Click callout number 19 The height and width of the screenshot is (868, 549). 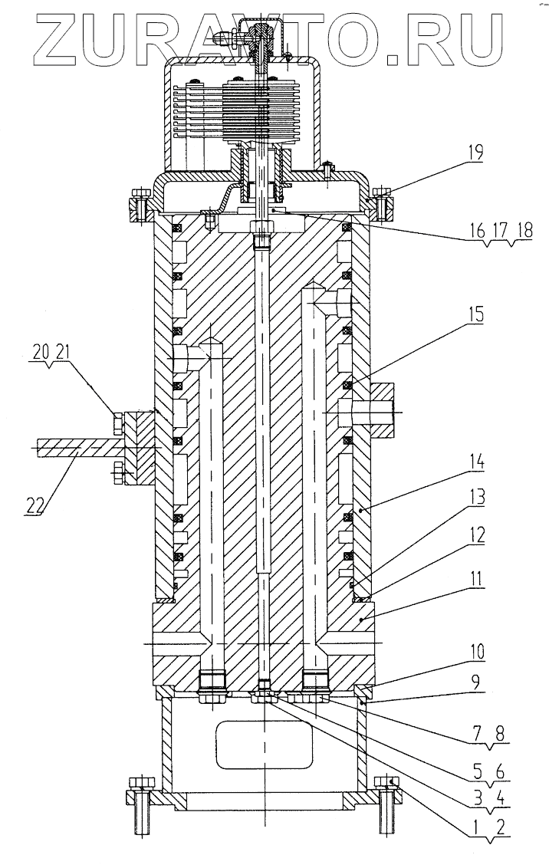475,153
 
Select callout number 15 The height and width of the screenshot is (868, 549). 475,314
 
